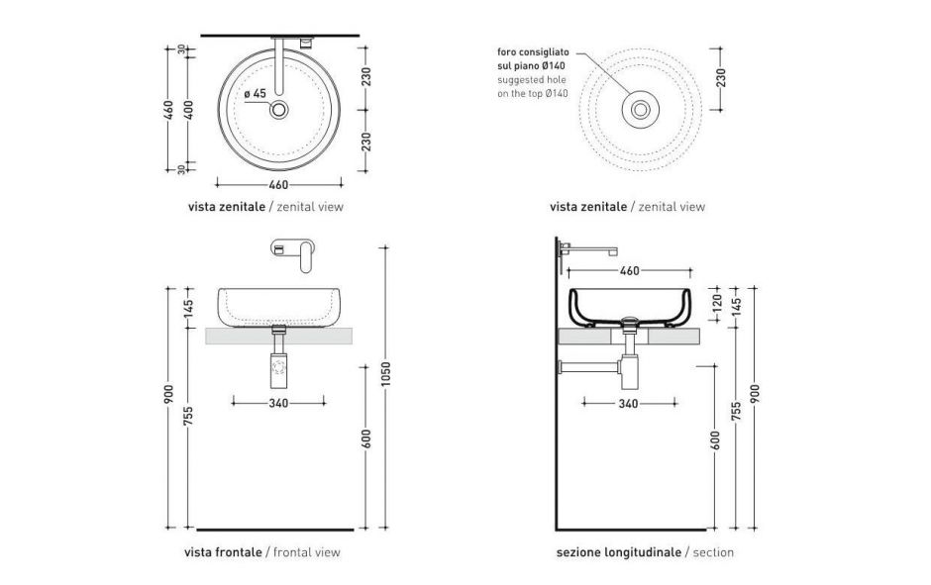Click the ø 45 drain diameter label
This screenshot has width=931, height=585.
pyautogui.click(x=255, y=93)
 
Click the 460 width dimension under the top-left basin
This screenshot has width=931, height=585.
pyautogui.click(x=278, y=184)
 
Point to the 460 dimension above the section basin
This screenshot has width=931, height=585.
pyautogui.click(x=629, y=269)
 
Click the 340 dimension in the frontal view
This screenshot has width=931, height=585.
pyautogui.click(x=278, y=403)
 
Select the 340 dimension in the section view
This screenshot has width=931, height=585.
pyautogui.click(x=629, y=403)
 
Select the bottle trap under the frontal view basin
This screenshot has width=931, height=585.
pyautogui.click(x=278, y=369)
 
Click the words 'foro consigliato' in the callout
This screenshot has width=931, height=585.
pyautogui.click(x=532, y=50)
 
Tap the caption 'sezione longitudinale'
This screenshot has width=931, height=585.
pyautogui.click(x=619, y=552)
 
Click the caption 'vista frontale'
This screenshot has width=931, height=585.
pyautogui.click(x=224, y=552)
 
